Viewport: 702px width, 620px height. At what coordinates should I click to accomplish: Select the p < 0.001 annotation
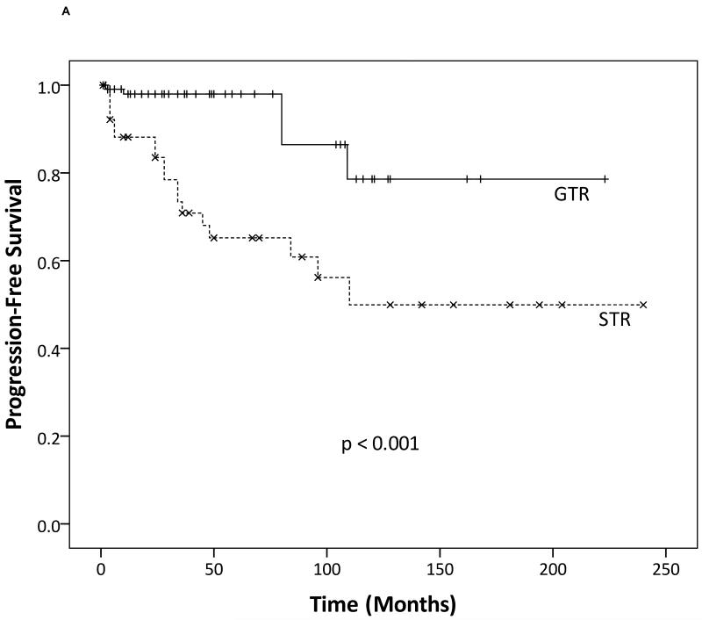380,444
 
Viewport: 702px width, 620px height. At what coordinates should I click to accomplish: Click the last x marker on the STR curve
643,305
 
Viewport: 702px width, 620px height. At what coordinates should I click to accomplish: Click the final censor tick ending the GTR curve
605,178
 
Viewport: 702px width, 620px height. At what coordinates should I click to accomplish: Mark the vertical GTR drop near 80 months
282,119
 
